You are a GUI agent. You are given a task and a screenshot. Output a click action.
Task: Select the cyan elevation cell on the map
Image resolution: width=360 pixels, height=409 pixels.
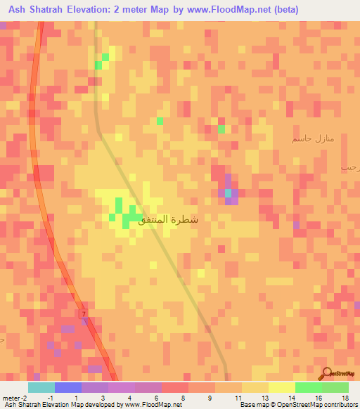pos(227,193)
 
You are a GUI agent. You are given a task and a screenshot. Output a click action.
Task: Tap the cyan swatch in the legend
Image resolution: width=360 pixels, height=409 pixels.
pos(41,387)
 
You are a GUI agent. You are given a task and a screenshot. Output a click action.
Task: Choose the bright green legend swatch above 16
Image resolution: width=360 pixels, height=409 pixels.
pos(309,387)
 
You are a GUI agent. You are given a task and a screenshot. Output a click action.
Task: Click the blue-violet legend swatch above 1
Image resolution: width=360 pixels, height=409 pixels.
pos(68,387)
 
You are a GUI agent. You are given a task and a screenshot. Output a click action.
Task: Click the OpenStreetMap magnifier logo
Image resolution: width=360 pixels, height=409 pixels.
pos(326,373)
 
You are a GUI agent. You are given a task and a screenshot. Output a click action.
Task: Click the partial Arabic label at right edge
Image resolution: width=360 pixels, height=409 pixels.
pos(350,167)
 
